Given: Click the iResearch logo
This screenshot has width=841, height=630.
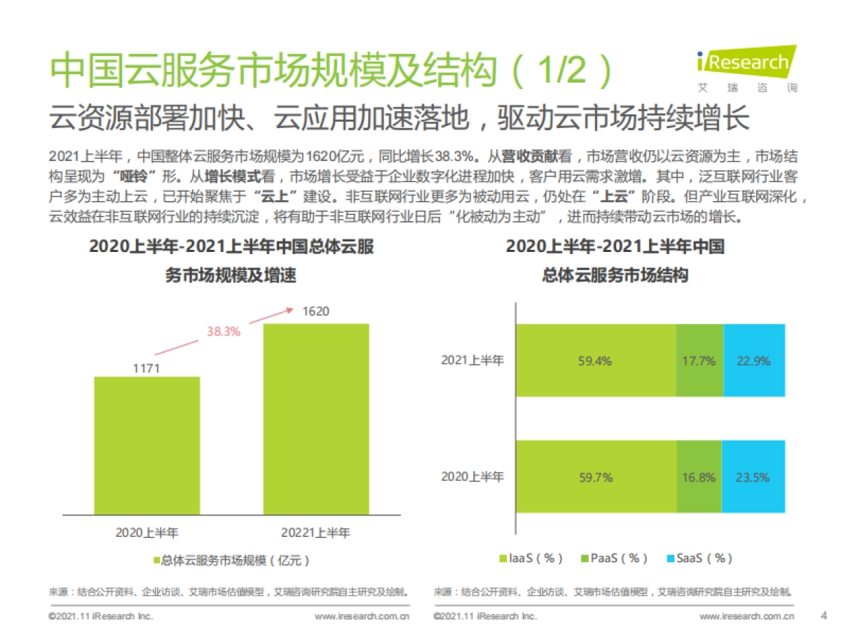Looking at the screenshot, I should click(x=747, y=67).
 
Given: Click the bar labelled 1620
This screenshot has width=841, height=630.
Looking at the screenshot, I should click(x=315, y=419).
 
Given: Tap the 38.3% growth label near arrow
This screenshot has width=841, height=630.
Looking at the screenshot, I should click(x=223, y=332).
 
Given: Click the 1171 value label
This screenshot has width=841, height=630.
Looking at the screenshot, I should click(x=146, y=367).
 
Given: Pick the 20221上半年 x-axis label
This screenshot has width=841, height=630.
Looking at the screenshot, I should click(x=315, y=533).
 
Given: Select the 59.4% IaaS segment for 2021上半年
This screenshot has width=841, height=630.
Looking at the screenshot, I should click(x=596, y=360).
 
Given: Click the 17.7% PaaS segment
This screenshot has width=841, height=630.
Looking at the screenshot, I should click(x=699, y=360).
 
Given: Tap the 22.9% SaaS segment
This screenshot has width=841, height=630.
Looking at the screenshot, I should click(x=753, y=360).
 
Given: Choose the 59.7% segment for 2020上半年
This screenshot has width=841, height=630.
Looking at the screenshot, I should click(x=596, y=477).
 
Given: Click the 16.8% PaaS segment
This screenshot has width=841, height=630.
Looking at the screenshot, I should click(x=698, y=477).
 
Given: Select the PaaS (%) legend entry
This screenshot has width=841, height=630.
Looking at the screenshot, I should click(x=613, y=558).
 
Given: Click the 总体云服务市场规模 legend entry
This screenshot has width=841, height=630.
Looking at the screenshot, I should click(x=231, y=560).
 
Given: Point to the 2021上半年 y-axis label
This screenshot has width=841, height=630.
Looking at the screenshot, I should click(x=472, y=360).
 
